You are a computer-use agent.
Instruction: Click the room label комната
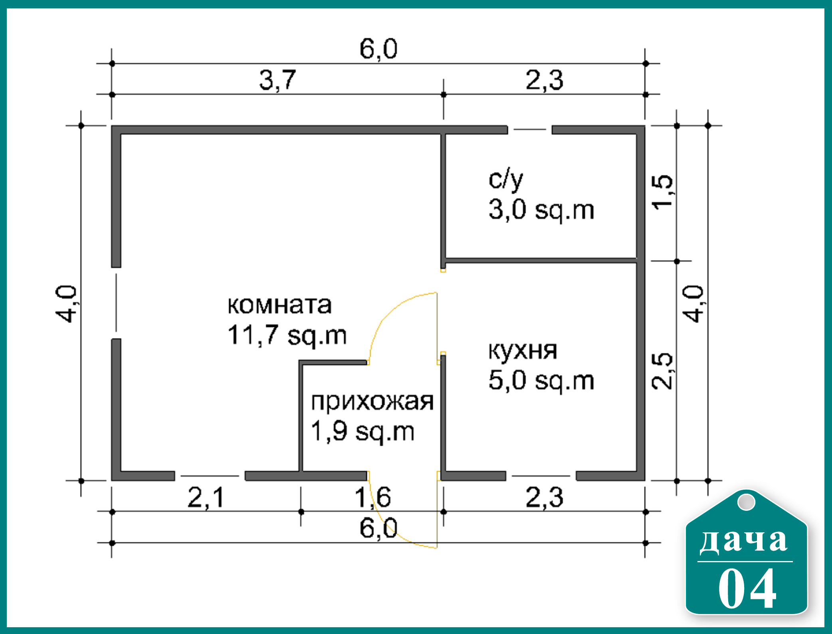(x=279, y=305)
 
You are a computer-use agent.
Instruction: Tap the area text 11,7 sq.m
(x=287, y=335)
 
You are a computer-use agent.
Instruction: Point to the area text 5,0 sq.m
(x=541, y=380)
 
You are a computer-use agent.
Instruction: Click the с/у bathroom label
(x=506, y=180)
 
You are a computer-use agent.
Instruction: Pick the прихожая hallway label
(x=372, y=402)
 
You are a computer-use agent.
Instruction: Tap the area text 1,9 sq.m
(x=363, y=431)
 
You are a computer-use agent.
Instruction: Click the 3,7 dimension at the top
(x=278, y=80)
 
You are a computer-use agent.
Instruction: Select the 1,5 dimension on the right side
(x=662, y=191)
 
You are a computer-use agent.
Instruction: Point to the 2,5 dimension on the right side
(x=662, y=371)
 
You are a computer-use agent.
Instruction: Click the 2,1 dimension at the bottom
(x=206, y=498)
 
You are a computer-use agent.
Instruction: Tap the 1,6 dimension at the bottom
(x=373, y=498)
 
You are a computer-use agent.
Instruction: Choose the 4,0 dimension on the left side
(x=65, y=304)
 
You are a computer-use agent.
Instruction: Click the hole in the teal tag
(x=746, y=502)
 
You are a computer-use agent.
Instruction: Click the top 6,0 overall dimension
(x=378, y=49)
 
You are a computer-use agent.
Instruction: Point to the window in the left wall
(x=116, y=303)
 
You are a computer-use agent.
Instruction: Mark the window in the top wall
(x=530, y=130)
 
